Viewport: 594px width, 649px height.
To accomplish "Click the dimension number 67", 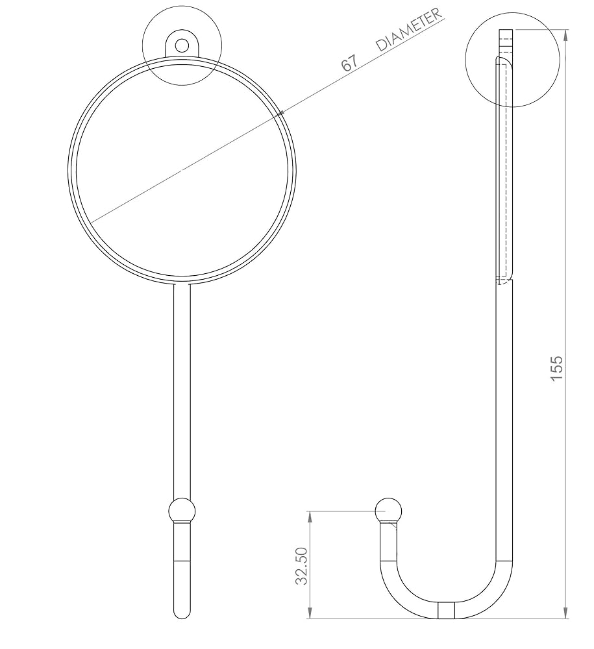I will pyautogui.click(x=349, y=62).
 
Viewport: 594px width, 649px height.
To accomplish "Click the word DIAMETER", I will pyautogui.click(x=410, y=31).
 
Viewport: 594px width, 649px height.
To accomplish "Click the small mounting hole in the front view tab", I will pyautogui.click(x=182, y=45).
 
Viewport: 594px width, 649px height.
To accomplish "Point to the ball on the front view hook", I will pyautogui.click(x=182, y=511).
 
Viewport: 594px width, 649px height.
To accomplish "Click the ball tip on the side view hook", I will pyautogui.click(x=389, y=509).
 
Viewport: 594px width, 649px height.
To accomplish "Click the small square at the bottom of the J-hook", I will pyautogui.click(x=446, y=610).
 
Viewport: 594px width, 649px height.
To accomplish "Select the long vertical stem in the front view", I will pyautogui.click(x=182, y=389).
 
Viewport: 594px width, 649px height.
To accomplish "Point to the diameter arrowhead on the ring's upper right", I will pyautogui.click(x=280, y=114).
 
